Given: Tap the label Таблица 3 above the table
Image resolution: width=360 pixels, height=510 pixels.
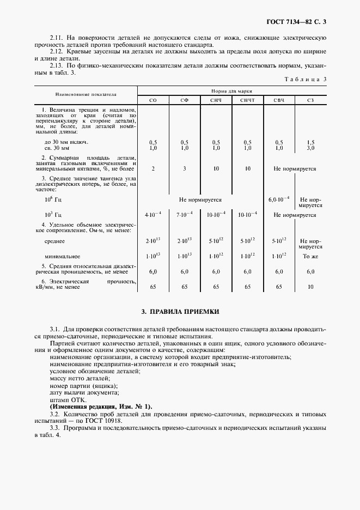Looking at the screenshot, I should click(x=306, y=80).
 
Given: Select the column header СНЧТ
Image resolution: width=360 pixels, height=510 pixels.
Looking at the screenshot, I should click(x=247, y=100).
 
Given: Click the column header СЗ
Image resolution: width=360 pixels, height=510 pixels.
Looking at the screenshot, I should click(x=310, y=100).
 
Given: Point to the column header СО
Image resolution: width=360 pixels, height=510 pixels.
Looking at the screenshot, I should click(x=153, y=100).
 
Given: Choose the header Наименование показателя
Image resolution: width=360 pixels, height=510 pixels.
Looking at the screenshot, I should click(x=85, y=94).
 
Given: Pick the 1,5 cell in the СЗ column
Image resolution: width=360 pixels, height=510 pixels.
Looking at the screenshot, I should click(x=310, y=142).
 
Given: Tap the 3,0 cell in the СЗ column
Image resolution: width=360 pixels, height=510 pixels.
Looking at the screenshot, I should click(x=310, y=148).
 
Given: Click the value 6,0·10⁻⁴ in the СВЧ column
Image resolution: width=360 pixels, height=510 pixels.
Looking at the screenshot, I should click(x=279, y=200).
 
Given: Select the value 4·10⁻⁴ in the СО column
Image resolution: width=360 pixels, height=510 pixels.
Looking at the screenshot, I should click(x=153, y=215).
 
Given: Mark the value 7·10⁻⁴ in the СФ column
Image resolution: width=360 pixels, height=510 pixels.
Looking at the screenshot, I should click(x=185, y=215).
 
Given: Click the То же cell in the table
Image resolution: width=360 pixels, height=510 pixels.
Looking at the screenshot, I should click(x=310, y=256).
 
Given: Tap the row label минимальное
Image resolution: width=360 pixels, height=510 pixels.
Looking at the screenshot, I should click(x=63, y=256).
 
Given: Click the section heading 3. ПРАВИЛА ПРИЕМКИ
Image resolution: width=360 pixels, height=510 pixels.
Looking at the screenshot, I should click(x=180, y=312).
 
